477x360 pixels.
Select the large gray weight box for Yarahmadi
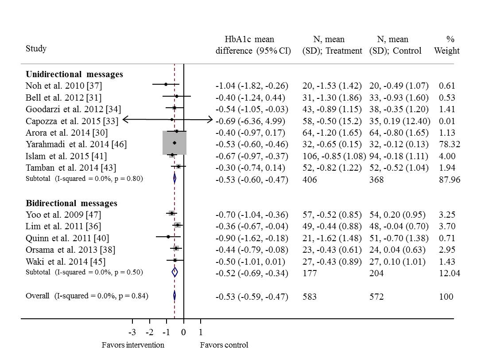(175, 143)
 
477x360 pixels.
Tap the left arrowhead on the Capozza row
(125, 119)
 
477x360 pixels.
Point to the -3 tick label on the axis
(132, 333)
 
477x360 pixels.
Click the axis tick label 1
(200, 333)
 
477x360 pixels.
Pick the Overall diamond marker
(175, 296)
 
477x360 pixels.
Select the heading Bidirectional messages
(71, 203)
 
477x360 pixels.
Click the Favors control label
(224, 345)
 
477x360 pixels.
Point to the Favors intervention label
(133, 345)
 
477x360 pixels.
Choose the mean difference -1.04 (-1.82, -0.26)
(252, 86)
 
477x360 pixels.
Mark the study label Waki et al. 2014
(66, 261)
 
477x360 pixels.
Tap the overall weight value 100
(446, 297)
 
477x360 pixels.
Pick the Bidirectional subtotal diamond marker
(175, 272)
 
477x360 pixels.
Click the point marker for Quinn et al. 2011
(168, 237)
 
